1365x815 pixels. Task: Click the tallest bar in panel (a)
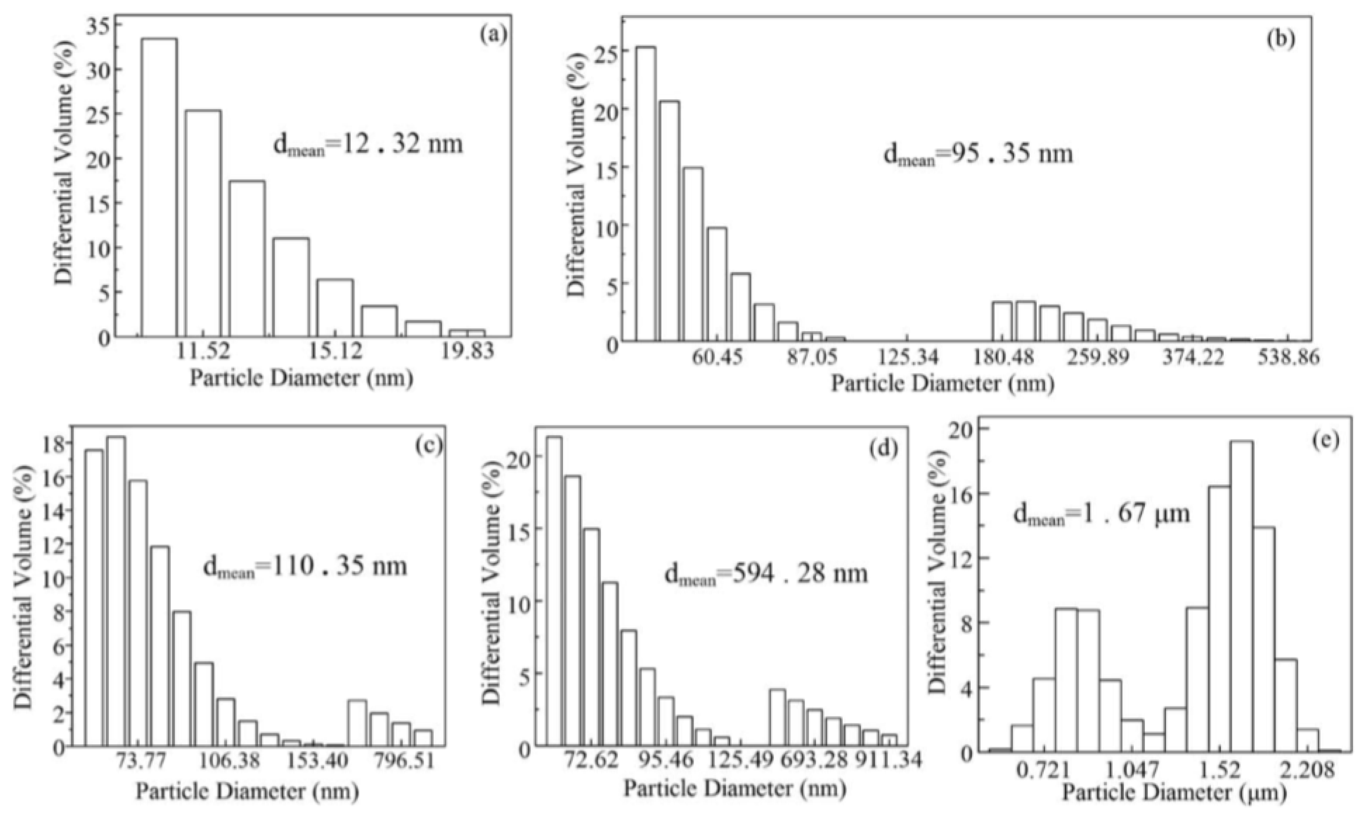(160, 187)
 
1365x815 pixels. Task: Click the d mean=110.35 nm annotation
(305, 566)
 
